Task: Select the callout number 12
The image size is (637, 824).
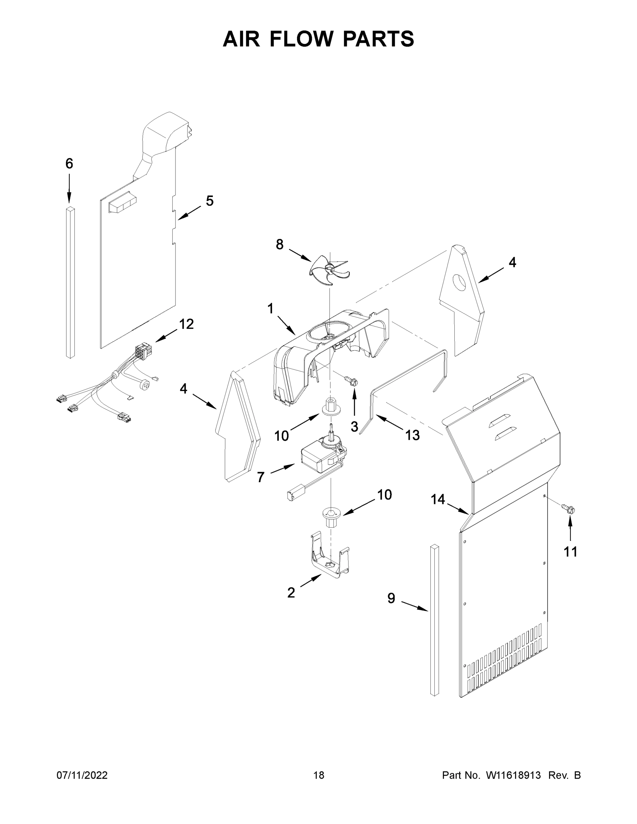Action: [x=186, y=324]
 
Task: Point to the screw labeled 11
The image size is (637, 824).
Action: [x=569, y=510]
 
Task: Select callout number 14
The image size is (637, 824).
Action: [x=438, y=500]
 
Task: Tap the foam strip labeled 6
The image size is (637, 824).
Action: [x=70, y=283]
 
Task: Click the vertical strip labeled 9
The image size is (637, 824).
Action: [x=434, y=622]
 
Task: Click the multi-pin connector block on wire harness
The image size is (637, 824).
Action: [x=143, y=351]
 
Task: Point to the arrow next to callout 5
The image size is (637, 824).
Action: [x=190, y=212]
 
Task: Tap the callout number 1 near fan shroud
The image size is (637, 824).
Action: [x=270, y=309]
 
